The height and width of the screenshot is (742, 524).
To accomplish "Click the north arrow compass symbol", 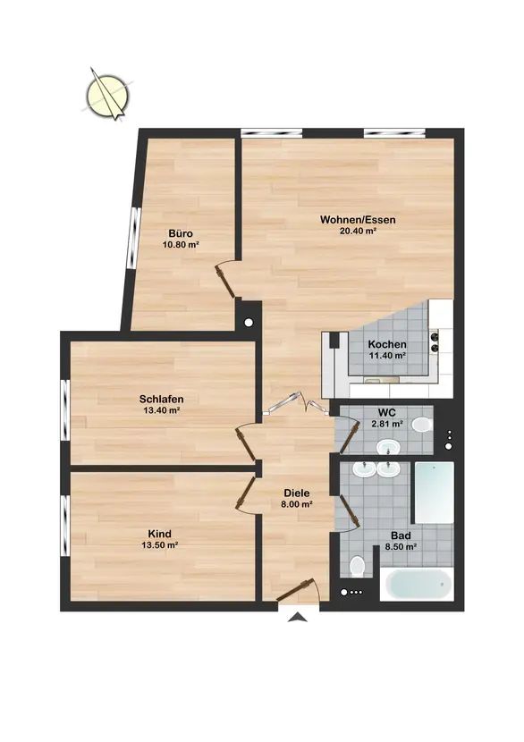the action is point(108,95).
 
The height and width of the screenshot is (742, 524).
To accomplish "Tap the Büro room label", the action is point(181,233).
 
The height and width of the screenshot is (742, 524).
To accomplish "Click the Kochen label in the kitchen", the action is point(387,344).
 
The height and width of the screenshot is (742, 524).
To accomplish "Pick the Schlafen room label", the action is point(162,399).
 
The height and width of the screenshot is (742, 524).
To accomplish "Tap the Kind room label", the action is point(160,534).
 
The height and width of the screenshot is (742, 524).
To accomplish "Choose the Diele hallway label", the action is point(297,493).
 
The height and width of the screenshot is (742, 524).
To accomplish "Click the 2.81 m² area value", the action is point(387,424).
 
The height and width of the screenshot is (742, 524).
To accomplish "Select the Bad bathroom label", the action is point(401,536).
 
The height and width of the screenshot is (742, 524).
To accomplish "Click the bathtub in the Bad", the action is point(417,585).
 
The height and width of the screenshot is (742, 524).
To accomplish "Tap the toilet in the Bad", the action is point(357,567).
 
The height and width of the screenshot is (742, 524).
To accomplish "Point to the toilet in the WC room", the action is point(422,425).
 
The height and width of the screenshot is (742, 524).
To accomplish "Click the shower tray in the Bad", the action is point(435,493).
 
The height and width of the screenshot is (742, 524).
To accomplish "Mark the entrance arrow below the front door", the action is point(297,617).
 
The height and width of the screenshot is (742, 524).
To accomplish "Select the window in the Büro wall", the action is point(135,239).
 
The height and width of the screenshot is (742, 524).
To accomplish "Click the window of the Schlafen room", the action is point(65,409).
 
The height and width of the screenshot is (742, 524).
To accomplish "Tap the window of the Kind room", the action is point(65,525).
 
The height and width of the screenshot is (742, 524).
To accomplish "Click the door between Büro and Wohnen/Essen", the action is point(226,280).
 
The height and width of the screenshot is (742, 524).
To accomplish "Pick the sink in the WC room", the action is point(388,446).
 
